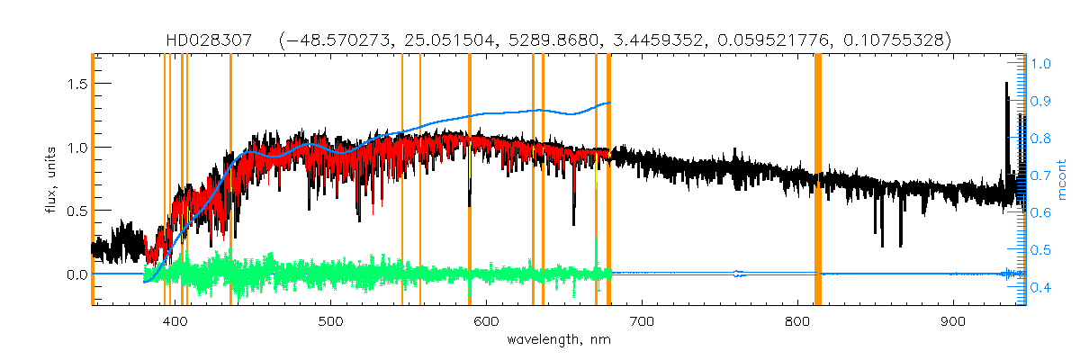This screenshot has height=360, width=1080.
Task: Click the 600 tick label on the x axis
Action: coord(486,321)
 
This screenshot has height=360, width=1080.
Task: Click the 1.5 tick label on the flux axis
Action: coord(75,84)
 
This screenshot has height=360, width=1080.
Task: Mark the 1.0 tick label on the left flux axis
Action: coord(75,147)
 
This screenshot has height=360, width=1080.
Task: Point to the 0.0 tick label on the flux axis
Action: coord(75,274)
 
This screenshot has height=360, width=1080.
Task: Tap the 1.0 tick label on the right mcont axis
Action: coord(1040,64)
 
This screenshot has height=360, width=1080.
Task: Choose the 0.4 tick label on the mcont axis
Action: coord(1040,287)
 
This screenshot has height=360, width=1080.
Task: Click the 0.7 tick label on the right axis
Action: coord(1040,175)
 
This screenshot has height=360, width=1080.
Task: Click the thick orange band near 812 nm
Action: coord(818,180)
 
